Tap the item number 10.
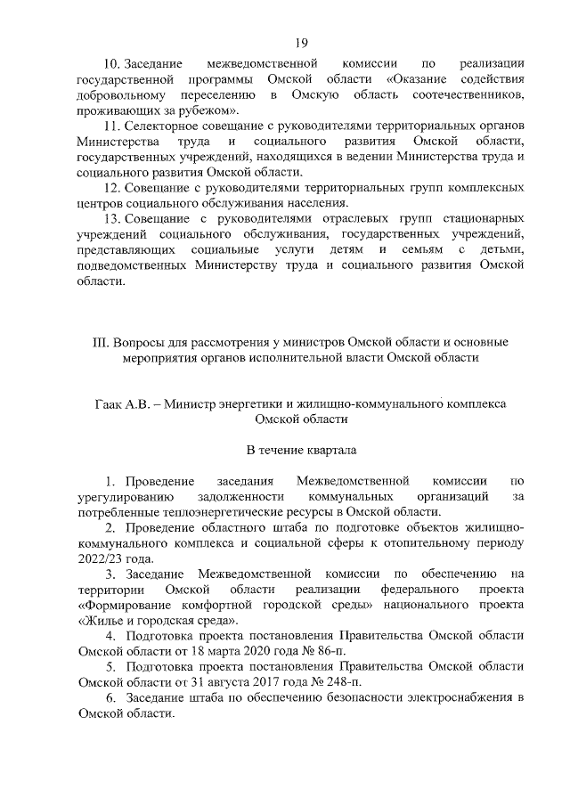point(112,64)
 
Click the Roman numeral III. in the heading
point(115,342)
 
